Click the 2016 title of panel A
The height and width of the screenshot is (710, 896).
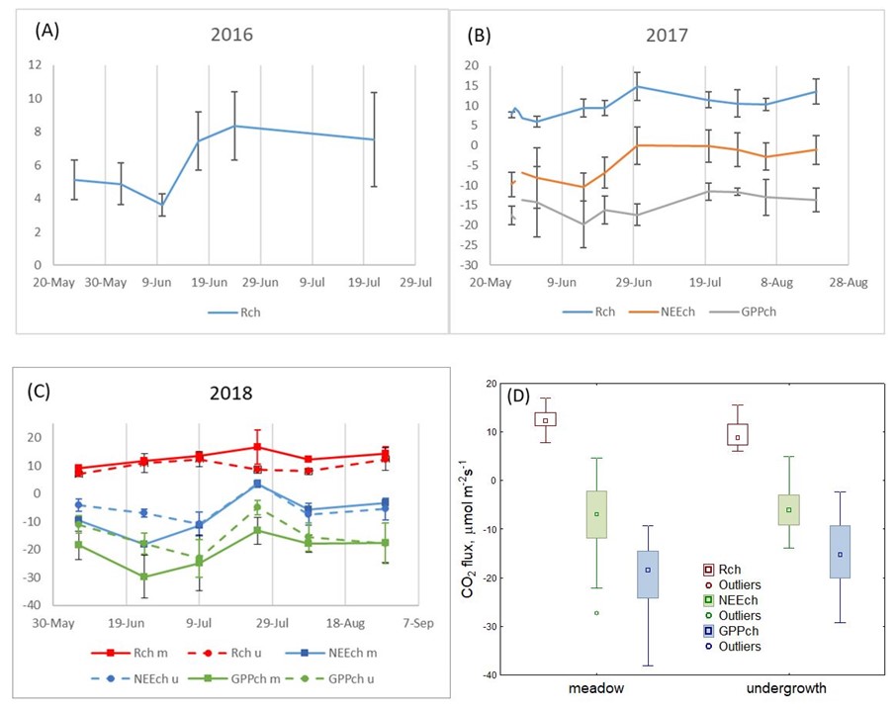click(x=232, y=35)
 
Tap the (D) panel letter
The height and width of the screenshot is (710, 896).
click(x=520, y=396)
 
